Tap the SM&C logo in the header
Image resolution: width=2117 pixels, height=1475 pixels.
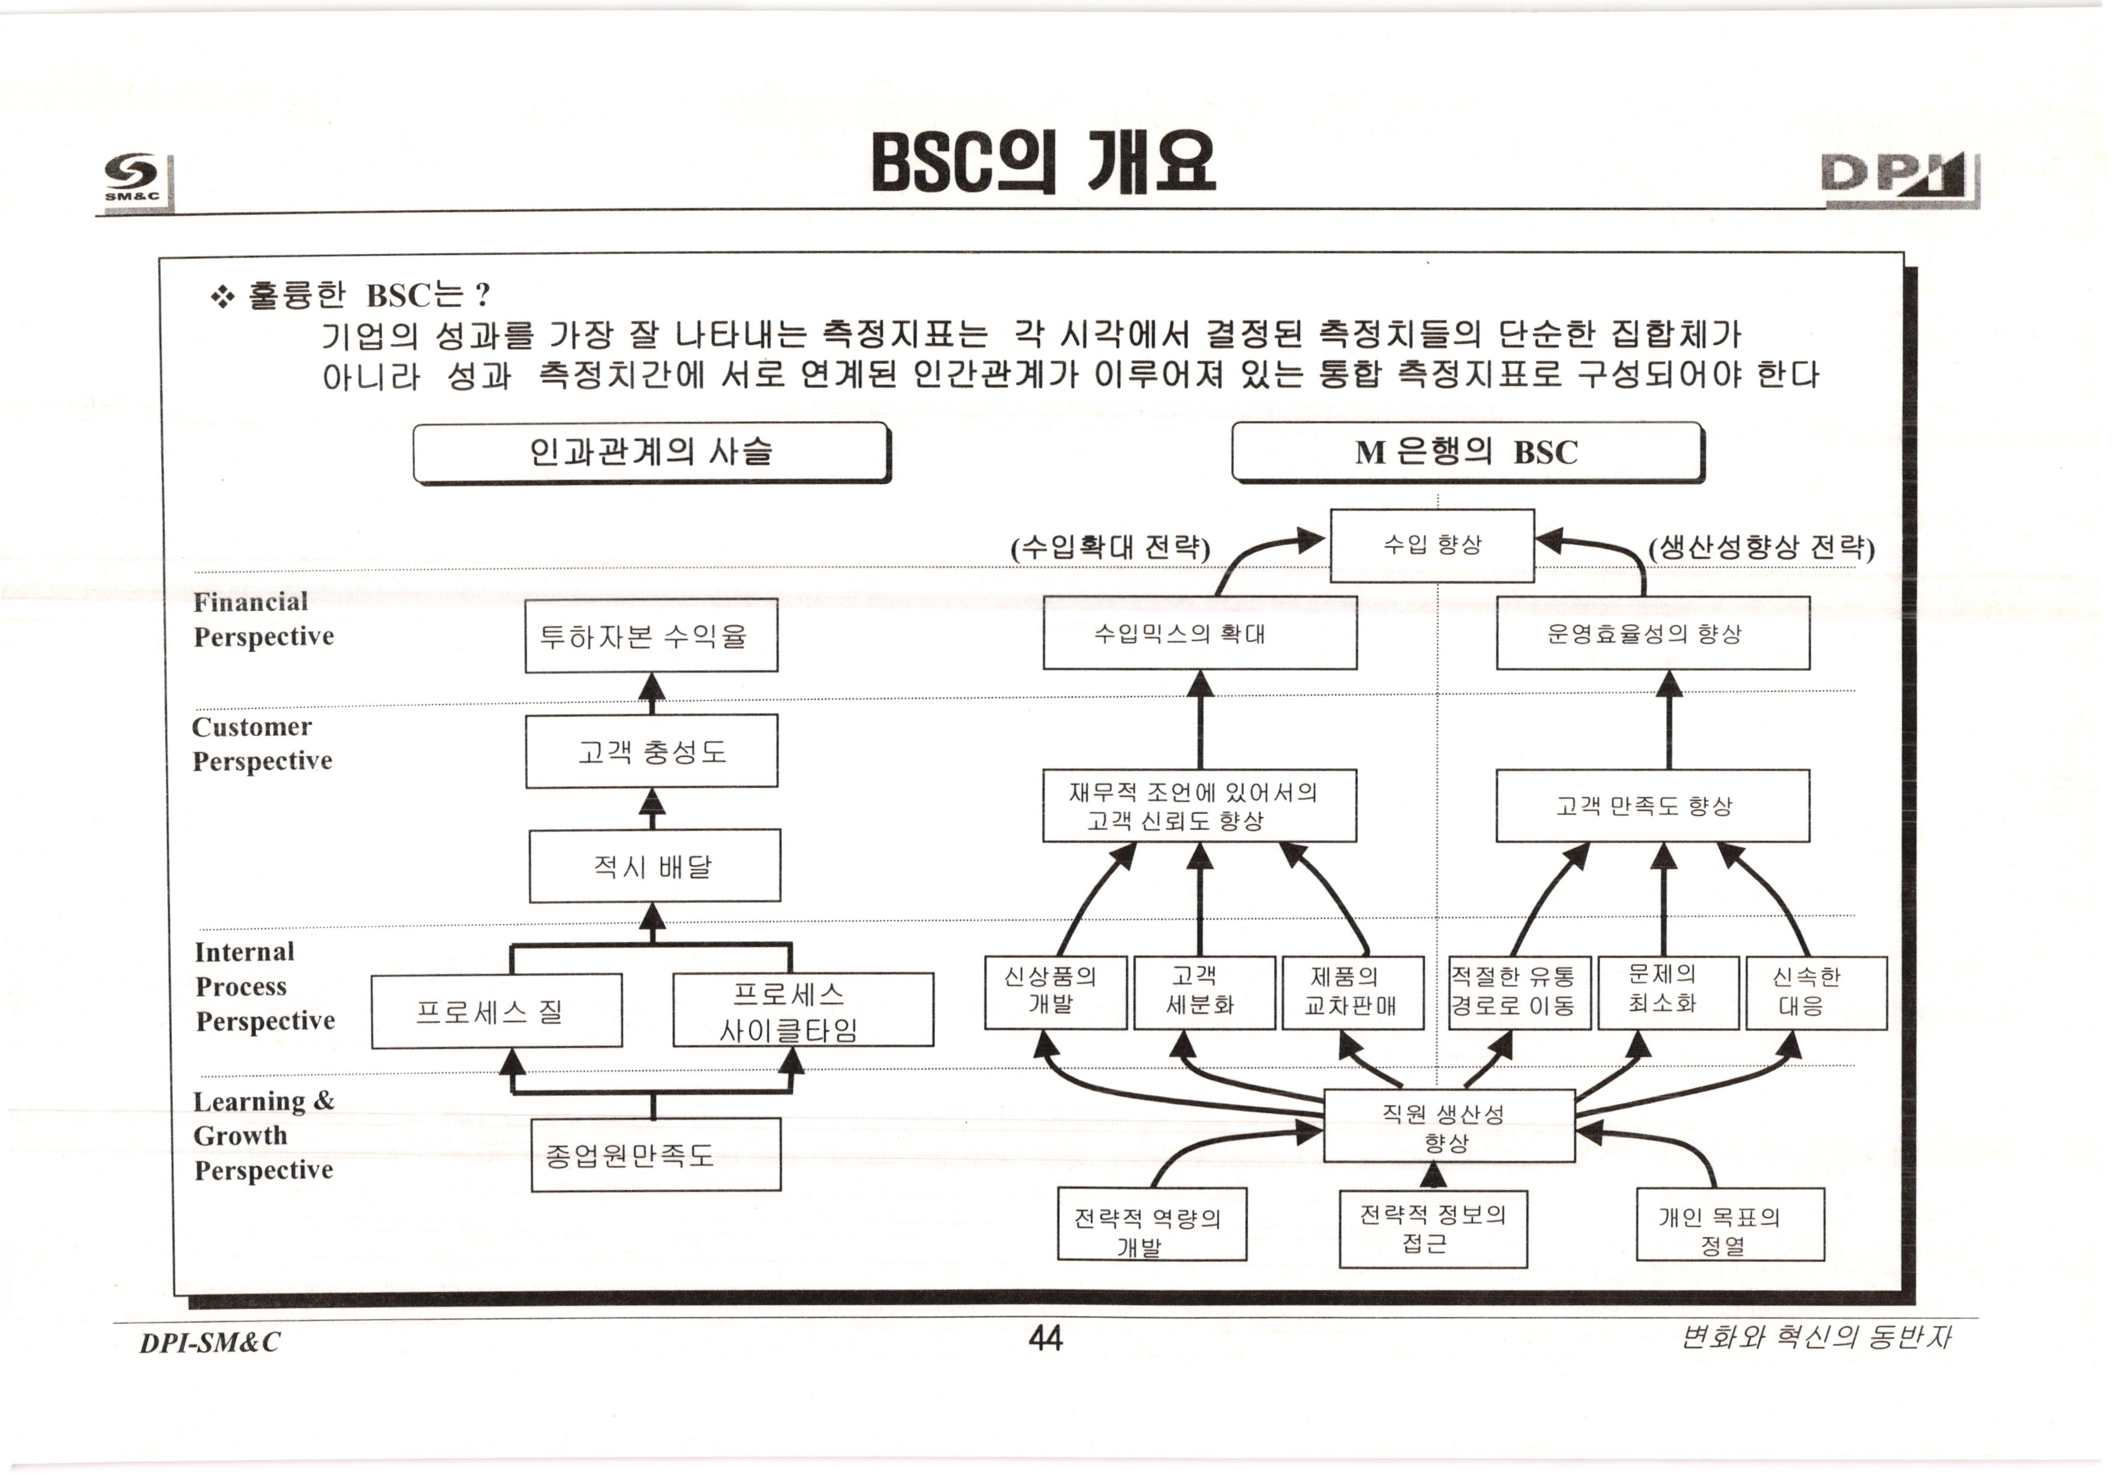click(x=134, y=177)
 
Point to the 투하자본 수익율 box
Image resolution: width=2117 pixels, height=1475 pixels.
click(x=651, y=636)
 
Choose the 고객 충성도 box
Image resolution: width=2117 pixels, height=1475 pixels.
click(x=651, y=751)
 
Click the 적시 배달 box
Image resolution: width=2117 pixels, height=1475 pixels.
click(x=654, y=866)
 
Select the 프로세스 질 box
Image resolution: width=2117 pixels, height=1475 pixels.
click(x=496, y=1011)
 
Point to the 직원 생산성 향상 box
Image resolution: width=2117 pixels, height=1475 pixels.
click(x=1448, y=1126)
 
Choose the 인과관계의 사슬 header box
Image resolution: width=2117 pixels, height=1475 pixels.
click(x=651, y=452)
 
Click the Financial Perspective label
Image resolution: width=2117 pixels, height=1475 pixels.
click(x=263, y=619)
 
